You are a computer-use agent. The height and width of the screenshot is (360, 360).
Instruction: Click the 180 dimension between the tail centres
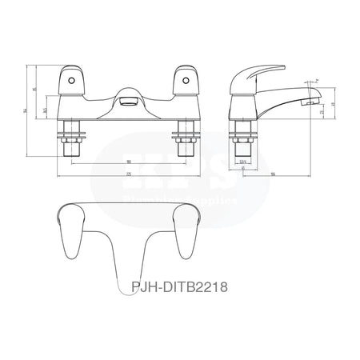click(x=129, y=161)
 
